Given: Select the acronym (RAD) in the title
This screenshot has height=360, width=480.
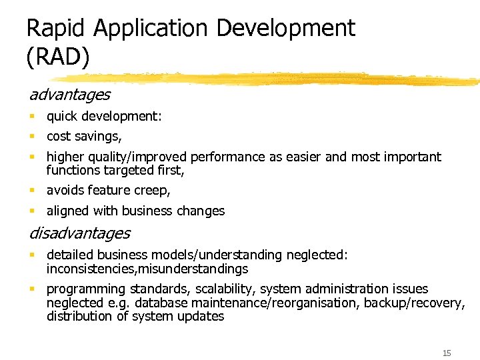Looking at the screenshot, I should tap(57, 57).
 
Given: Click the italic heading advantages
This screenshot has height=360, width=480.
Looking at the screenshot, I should tap(69, 95).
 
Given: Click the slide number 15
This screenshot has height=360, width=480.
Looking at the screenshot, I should tap(446, 352).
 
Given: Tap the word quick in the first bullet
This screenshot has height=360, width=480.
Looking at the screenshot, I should tap(62, 117).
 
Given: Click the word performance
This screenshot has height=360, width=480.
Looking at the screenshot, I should tap(227, 157).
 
